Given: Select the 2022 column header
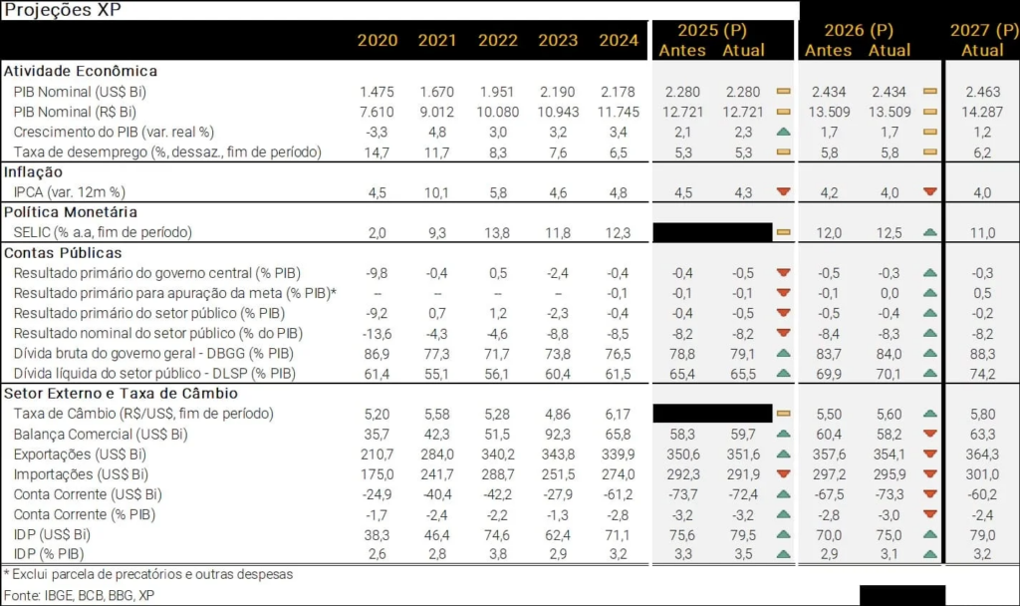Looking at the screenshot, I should (498, 40).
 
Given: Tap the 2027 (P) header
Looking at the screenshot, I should (982, 30).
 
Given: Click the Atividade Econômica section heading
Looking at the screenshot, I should (81, 71).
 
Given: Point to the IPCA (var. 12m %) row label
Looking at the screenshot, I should (69, 191).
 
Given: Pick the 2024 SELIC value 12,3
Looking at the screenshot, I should (619, 232).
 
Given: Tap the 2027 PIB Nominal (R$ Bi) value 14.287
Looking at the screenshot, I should (982, 111).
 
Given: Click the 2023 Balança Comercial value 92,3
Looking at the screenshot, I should (558, 434).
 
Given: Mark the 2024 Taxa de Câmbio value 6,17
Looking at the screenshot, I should (619, 413).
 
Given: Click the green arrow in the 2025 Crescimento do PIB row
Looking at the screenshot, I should (783, 132).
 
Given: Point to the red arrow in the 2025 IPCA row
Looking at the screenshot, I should (783, 191).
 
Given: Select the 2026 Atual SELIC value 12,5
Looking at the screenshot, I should (890, 232).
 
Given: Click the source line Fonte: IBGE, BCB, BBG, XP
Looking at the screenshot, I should (79, 594).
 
